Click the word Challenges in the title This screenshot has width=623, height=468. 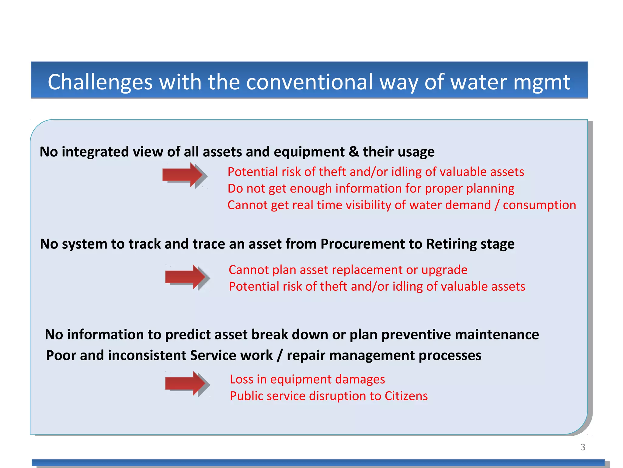coord(100,82)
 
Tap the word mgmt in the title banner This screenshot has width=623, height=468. coord(542,82)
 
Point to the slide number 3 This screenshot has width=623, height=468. coord(583,447)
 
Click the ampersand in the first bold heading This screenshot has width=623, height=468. coord(354,152)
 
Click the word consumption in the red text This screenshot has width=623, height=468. coord(539,205)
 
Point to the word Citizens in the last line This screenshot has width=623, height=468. coord(406,396)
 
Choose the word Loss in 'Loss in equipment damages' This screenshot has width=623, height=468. coord(242,379)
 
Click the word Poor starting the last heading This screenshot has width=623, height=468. coord(61,356)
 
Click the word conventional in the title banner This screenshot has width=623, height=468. coord(309,82)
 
